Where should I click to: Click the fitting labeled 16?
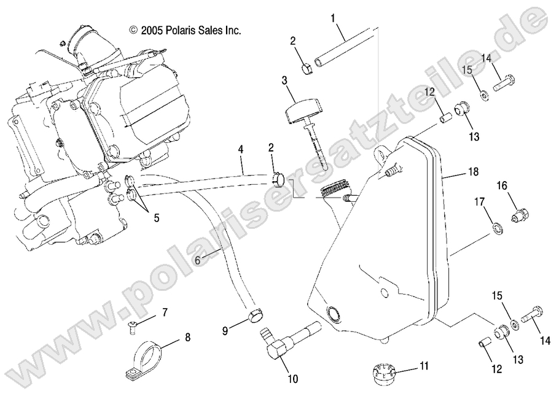click(x=520, y=215)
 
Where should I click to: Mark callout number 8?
click(x=187, y=336)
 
